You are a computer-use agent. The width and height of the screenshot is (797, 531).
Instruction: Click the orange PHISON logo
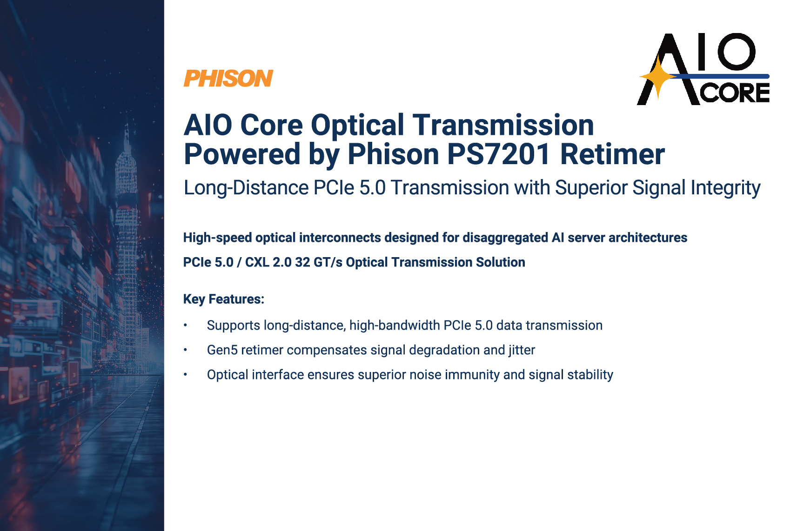tap(228, 78)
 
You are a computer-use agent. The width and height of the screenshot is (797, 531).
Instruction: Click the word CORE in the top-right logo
tap(735, 93)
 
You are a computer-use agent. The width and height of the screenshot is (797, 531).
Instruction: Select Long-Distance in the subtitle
tap(246, 188)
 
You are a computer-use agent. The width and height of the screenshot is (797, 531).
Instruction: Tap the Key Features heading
tap(224, 299)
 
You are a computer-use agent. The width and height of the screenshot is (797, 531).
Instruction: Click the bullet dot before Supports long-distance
tap(185, 325)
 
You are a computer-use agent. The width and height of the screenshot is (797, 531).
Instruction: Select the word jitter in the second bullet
tap(522, 350)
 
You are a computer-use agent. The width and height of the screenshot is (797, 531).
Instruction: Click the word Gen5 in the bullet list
tap(222, 350)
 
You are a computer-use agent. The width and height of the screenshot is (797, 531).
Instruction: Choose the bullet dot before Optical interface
tap(185, 374)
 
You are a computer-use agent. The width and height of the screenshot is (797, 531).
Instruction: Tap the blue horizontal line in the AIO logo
tap(719, 76)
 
